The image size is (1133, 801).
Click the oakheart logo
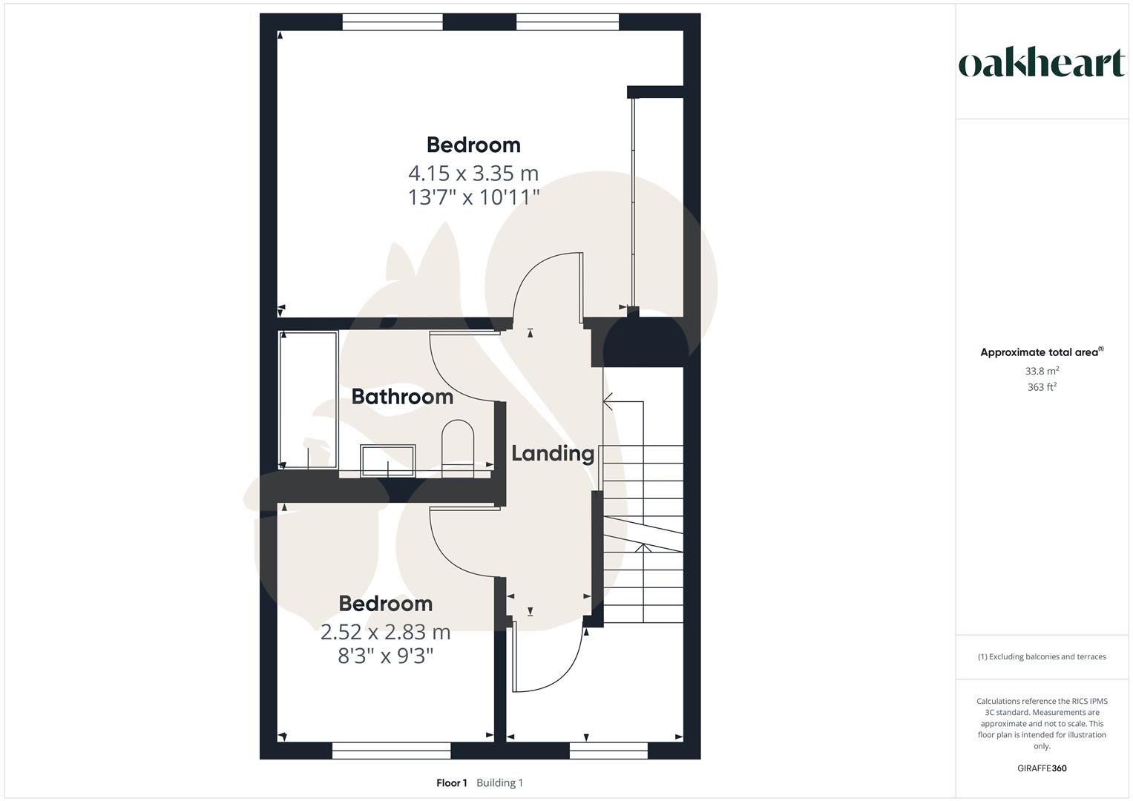click(x=1042, y=64)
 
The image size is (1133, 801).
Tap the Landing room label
click(x=553, y=453)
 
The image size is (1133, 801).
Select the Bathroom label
click(x=402, y=397)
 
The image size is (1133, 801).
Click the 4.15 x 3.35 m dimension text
click(x=473, y=174)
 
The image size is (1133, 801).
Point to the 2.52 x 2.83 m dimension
click(x=385, y=633)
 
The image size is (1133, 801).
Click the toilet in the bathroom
click(x=458, y=448)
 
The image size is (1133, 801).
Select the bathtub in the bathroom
click(x=308, y=400)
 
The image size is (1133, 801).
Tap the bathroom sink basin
click(x=387, y=461)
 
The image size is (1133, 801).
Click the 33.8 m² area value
click(x=1042, y=371)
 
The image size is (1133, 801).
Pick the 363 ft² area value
click(x=1042, y=387)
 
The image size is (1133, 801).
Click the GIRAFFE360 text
click(x=1042, y=768)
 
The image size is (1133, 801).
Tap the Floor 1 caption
click(x=452, y=783)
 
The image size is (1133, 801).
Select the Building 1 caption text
click(x=499, y=783)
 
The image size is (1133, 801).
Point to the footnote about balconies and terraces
click(x=1042, y=656)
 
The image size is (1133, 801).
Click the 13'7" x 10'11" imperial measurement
click(x=473, y=197)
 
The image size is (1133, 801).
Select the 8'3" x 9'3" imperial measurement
click(x=385, y=656)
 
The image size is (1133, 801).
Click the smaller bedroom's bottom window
click(x=391, y=752)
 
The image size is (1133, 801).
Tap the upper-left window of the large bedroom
click(x=393, y=22)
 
